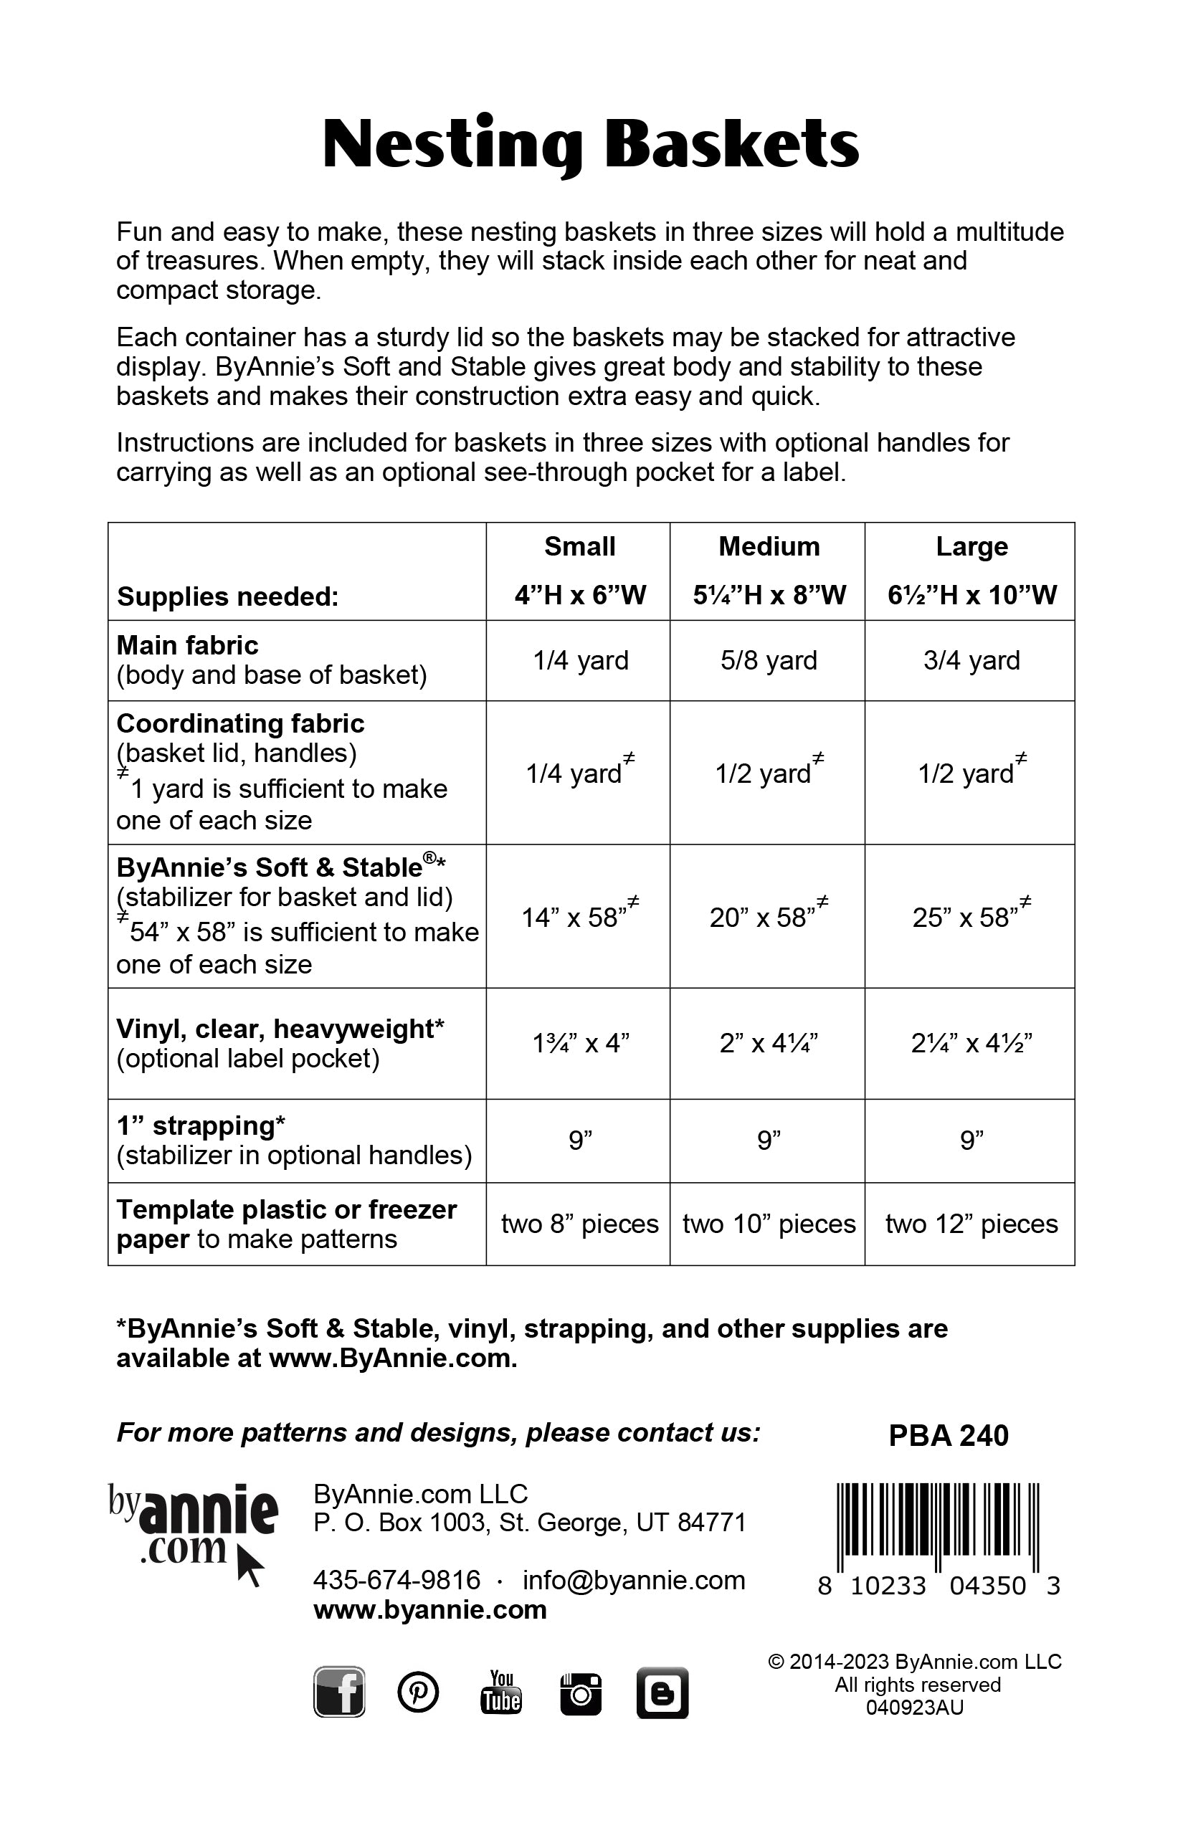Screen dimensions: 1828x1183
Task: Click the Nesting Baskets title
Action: tap(590, 144)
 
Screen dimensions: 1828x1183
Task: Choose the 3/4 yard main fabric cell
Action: tap(971, 660)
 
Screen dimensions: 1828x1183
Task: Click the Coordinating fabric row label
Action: tap(240, 723)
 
